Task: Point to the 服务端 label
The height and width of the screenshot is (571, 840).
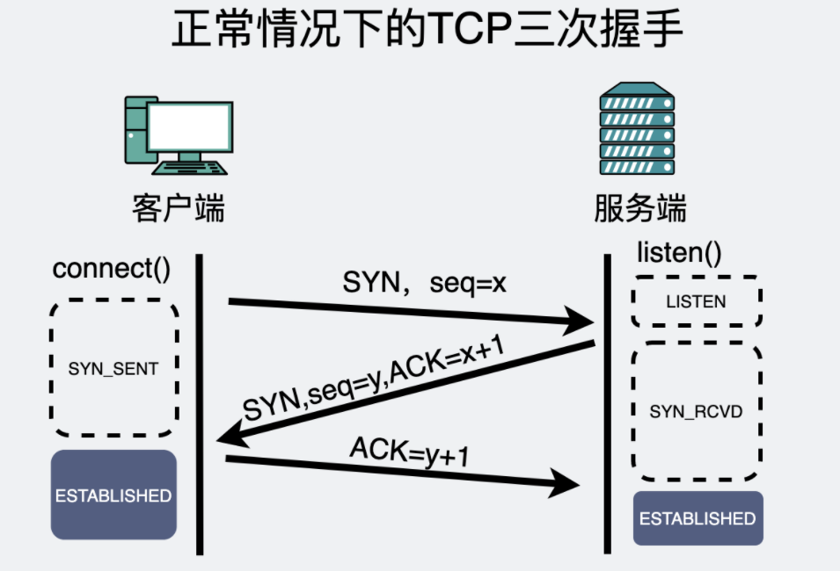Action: pos(639,209)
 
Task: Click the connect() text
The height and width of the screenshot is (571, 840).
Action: pos(112,268)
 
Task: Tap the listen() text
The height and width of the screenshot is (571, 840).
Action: pos(678,254)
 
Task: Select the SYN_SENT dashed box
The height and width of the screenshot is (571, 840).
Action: pos(113,368)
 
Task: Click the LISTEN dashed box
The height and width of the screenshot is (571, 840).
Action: pos(696,301)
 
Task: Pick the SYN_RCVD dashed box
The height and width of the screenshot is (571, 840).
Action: pos(696,411)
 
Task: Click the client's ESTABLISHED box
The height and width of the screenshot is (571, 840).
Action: pos(113,495)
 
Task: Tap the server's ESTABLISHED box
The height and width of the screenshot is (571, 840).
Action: pos(698,518)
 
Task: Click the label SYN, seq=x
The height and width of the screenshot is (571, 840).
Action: pos(425,284)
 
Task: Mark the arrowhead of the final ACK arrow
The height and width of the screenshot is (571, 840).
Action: pos(566,481)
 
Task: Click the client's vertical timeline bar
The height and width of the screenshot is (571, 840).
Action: pos(201,404)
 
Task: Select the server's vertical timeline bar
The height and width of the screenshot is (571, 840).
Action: pos(607,404)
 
